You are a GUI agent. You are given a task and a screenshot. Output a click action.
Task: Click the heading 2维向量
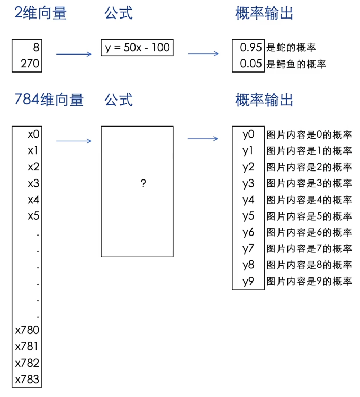[x=40, y=13]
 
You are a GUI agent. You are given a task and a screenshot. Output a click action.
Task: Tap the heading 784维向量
[x=49, y=100]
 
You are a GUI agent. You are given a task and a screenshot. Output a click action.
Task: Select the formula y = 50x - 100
[x=137, y=48]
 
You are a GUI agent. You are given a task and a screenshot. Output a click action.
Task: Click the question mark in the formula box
[x=143, y=183]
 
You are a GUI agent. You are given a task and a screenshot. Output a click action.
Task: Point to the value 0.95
[x=251, y=48]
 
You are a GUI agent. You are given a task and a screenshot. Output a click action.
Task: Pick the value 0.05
[x=251, y=64]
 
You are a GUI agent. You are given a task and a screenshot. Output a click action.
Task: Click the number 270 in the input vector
[x=30, y=64]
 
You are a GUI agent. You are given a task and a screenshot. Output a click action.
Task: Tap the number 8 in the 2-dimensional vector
[x=36, y=48]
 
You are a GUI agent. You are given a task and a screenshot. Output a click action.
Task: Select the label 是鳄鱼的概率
[x=296, y=64]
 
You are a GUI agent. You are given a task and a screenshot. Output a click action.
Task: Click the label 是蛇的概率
[x=291, y=48]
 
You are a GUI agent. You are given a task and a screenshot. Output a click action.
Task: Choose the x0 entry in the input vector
[x=33, y=134]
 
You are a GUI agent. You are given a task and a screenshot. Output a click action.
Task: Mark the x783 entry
[x=28, y=380]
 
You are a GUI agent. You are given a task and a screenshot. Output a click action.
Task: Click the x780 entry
[x=28, y=330]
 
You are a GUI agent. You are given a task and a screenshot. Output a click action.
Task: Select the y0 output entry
[x=248, y=134]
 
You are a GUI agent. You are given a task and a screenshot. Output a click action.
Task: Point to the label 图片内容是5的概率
[x=309, y=216]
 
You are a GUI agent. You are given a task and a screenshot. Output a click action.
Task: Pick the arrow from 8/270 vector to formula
[x=74, y=53]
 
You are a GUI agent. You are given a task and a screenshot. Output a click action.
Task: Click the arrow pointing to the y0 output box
[x=203, y=139]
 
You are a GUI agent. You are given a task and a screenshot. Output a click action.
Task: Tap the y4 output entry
[x=248, y=200]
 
